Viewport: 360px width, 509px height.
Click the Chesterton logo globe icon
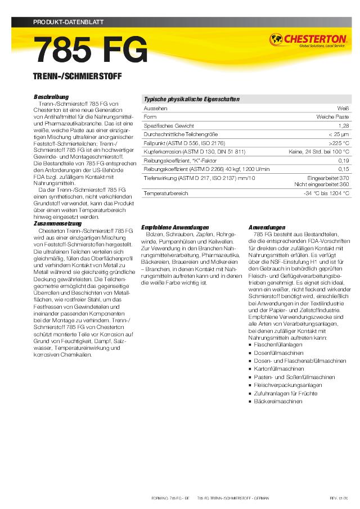tap(276, 39)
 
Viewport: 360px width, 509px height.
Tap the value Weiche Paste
tap(333, 116)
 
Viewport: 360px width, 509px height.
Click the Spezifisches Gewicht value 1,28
tap(344, 125)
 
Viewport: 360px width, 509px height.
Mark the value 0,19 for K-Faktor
tap(344, 161)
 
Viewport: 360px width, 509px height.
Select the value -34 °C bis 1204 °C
tap(326, 193)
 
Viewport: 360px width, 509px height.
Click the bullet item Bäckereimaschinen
tap(278, 402)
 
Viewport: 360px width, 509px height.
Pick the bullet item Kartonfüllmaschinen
tap(279, 368)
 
